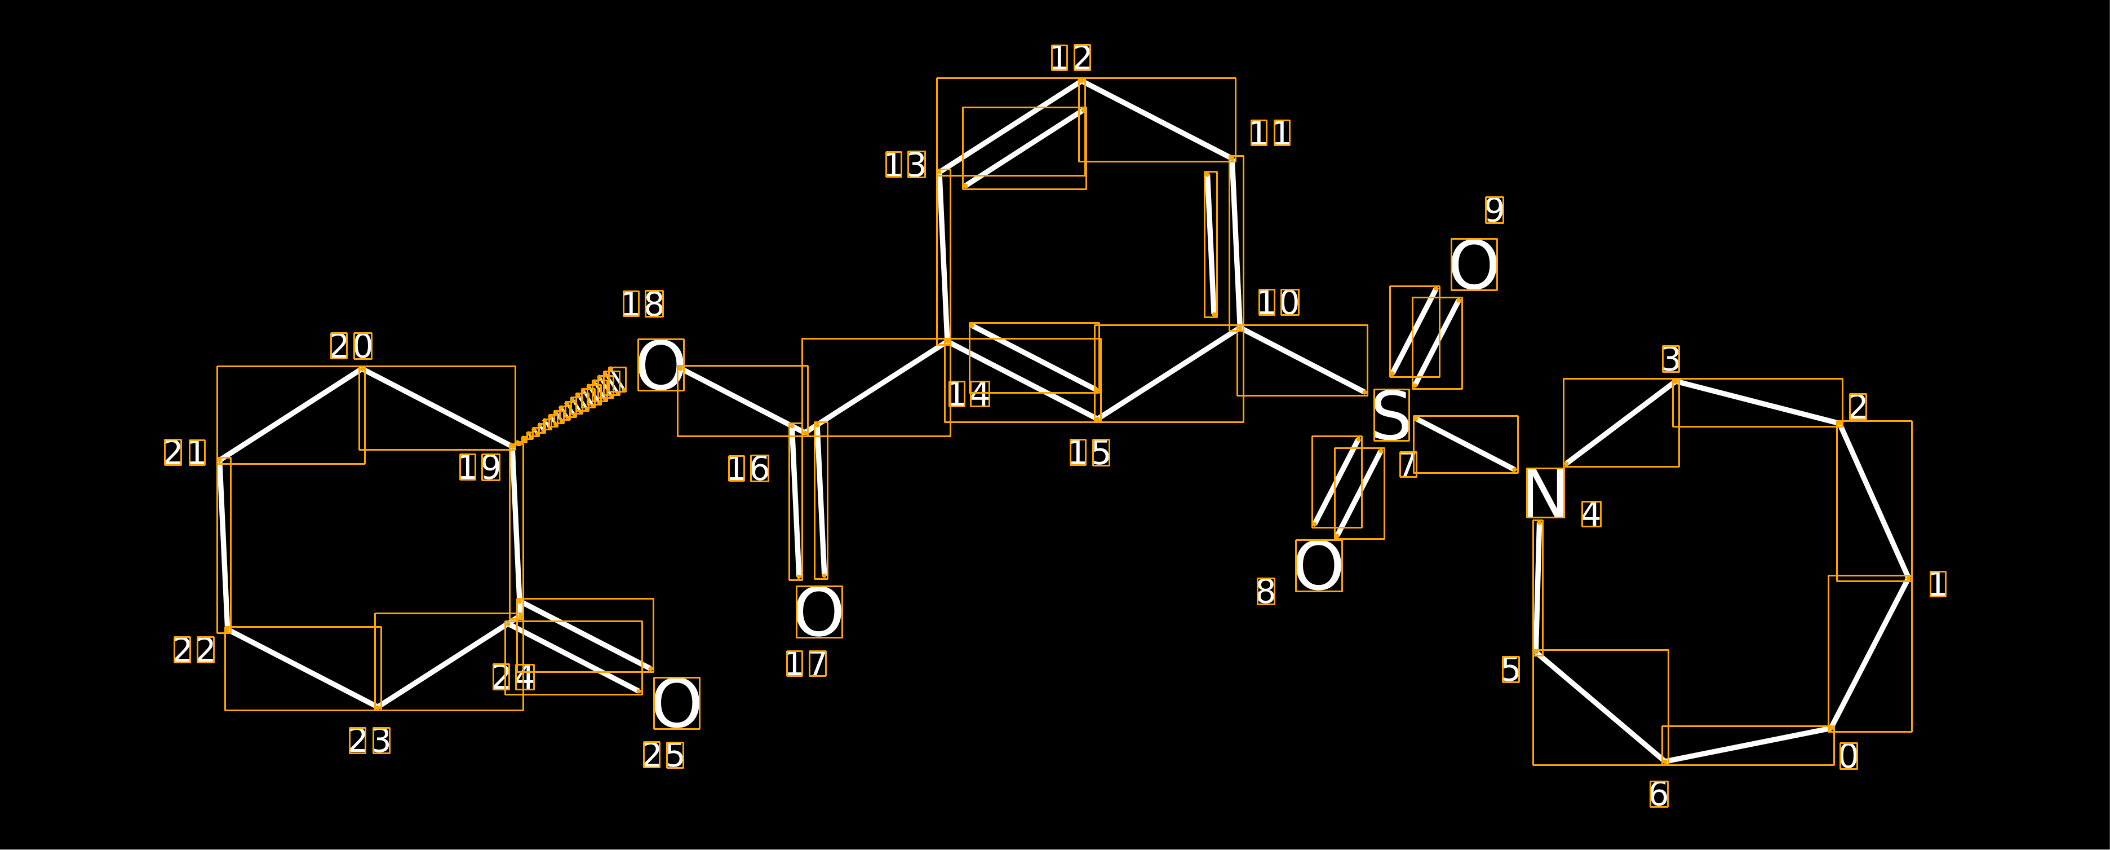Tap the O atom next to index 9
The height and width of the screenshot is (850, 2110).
coord(1474,264)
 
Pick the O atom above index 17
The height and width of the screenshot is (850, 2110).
coord(819,611)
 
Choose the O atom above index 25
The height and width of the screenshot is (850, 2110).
coord(677,702)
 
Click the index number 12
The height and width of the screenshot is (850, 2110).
coord(1071,58)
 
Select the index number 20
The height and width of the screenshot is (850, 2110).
coord(352,346)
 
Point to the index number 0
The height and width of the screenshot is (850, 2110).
coord(1848,756)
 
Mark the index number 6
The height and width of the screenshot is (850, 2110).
coord(1659,794)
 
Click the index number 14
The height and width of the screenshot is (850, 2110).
coord(969,394)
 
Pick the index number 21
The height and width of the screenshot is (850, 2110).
coord(185,452)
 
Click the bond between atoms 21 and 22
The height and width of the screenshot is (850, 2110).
coord(224,545)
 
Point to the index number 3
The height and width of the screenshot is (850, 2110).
coord(1671,359)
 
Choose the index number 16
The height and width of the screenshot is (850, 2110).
coord(748,469)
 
